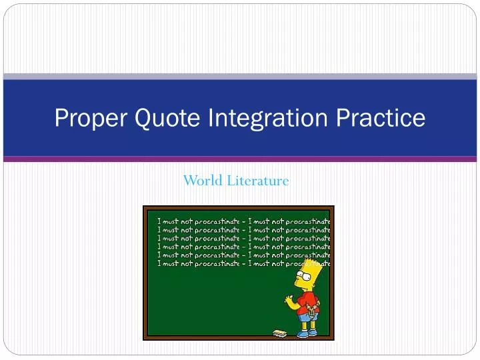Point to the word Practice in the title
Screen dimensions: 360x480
tap(382, 119)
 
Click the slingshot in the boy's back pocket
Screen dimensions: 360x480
tap(311, 310)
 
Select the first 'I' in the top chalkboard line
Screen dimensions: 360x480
tap(159, 221)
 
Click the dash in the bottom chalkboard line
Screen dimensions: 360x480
tap(243, 263)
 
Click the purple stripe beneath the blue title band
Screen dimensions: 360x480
tap(240, 159)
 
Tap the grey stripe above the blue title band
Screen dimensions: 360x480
tap(240, 77)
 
